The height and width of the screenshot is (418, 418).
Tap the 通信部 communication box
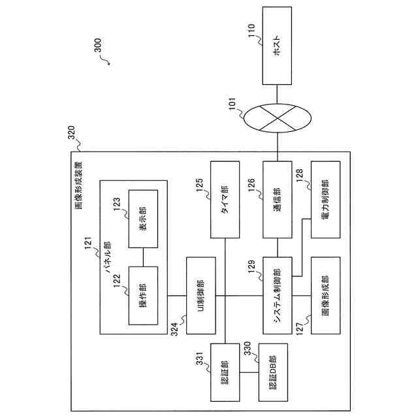(279, 199)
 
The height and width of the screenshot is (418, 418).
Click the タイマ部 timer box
(225, 199)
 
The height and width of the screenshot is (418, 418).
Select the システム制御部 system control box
(279, 296)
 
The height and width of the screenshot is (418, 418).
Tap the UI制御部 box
(202, 296)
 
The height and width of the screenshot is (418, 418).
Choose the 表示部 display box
(143, 218)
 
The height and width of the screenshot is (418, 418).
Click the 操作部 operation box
(143, 296)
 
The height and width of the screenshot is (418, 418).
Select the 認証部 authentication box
(225, 373)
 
